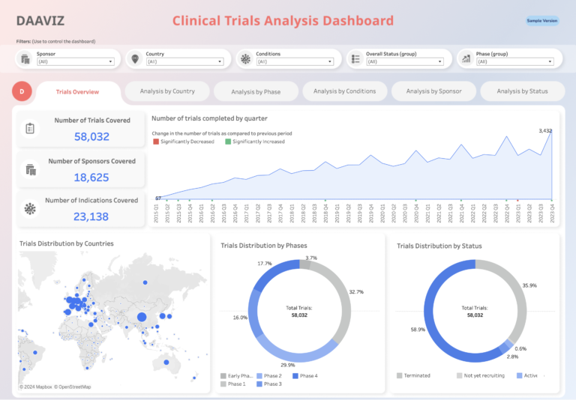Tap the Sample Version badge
(x=541, y=21)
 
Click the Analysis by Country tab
(x=167, y=91)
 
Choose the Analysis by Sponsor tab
(x=433, y=91)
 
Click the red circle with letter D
(x=22, y=91)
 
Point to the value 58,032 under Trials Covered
(x=91, y=136)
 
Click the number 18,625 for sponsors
(x=91, y=178)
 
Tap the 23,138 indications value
(x=91, y=217)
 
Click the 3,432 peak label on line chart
(x=545, y=131)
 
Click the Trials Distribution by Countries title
(x=66, y=243)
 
